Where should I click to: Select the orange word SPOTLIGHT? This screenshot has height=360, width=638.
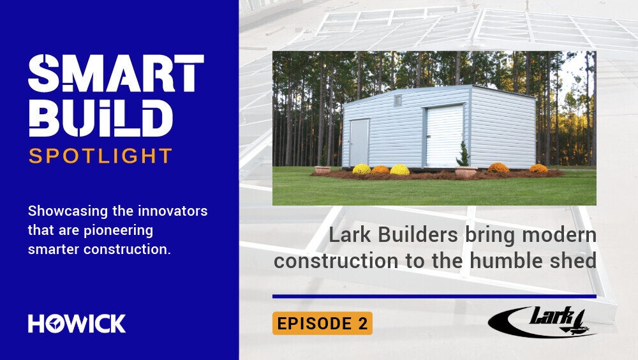(101, 156)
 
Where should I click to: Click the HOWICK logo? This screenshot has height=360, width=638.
(77, 323)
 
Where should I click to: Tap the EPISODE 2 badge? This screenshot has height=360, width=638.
(322, 324)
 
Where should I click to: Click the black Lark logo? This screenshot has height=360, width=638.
(542, 321)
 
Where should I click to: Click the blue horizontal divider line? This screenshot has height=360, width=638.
(434, 296)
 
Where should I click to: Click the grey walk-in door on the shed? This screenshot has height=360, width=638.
(359, 142)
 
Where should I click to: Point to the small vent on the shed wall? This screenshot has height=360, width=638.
(398, 101)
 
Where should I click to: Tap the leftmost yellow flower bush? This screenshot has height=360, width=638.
(362, 169)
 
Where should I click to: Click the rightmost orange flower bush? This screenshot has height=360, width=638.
(538, 169)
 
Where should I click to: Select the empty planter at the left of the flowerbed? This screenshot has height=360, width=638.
(323, 170)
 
